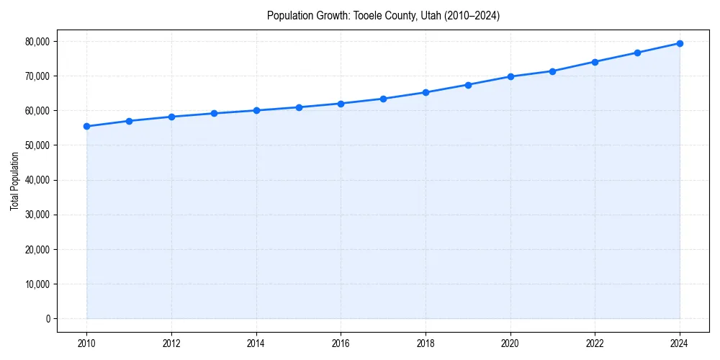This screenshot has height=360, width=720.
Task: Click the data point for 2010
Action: [86, 126]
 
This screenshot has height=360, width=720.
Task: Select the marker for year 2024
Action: [680, 43]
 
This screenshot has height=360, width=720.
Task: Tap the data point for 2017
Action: [383, 99]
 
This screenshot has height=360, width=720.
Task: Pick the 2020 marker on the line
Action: [510, 76]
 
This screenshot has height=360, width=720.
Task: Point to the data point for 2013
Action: [214, 113]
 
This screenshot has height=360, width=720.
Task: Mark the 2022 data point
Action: [595, 62]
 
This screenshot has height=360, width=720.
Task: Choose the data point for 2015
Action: [299, 107]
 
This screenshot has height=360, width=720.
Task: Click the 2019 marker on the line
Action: [468, 85]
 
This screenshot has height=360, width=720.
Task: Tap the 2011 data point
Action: [129, 121]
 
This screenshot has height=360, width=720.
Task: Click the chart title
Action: [383, 15]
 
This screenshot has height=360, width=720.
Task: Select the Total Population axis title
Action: [14, 181]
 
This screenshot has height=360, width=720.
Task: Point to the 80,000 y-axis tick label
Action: [37, 42]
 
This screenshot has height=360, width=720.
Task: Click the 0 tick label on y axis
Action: [48, 319]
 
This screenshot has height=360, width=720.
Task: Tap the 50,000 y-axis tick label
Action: [37, 145]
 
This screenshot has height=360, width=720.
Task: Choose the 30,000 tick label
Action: [37, 215]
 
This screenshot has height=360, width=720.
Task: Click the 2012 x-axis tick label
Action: [171, 344]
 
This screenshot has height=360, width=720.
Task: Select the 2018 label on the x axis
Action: [426, 344]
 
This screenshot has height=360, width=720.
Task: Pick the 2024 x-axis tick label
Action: [680, 344]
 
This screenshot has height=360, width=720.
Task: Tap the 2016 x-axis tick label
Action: [341, 344]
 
